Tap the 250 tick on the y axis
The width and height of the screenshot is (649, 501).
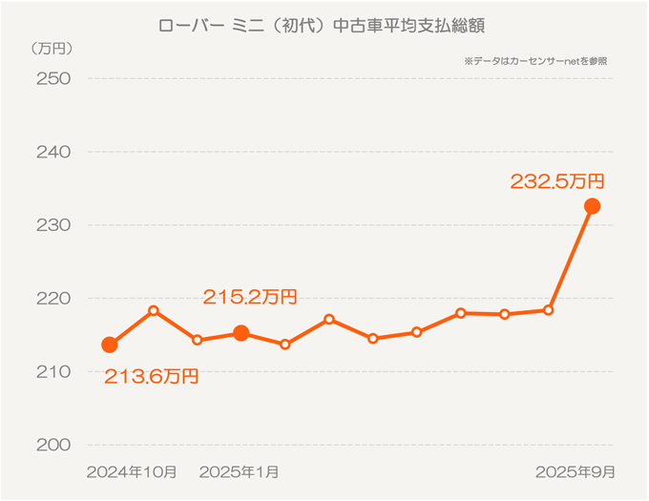[x=53, y=78]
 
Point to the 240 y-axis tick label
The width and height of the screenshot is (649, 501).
[x=53, y=152]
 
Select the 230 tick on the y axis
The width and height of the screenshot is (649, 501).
[x=53, y=225]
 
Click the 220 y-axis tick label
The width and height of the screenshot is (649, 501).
[x=53, y=299]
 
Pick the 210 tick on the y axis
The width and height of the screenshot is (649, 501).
[x=53, y=372]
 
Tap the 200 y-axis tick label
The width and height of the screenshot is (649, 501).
[x=53, y=445]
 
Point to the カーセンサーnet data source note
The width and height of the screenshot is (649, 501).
[x=535, y=61]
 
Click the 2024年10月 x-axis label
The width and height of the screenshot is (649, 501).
[x=132, y=471]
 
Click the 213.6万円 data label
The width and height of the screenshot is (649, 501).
[x=151, y=377]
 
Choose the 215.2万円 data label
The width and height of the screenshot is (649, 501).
[x=250, y=298]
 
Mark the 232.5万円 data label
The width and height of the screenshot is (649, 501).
[x=558, y=181]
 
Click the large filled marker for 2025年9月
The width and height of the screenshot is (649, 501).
[x=592, y=206]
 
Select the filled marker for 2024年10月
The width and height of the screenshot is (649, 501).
[x=110, y=344]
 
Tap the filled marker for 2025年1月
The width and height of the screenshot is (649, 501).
[x=241, y=333]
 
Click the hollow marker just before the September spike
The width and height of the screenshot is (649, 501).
[x=548, y=310]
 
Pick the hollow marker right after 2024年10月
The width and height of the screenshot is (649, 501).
[x=154, y=311]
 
